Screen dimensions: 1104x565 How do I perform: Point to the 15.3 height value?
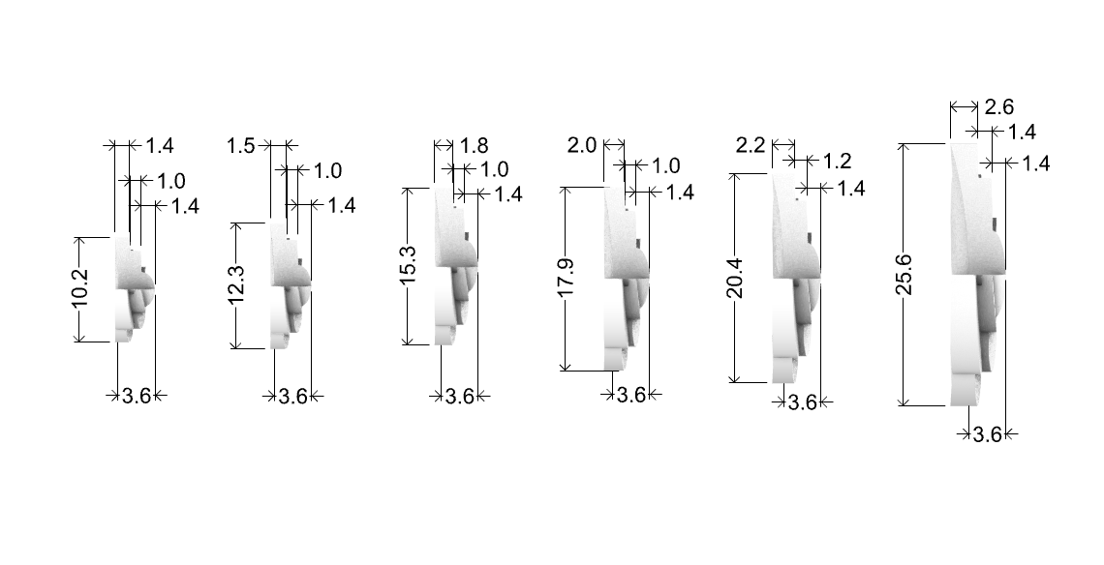pos(410,265)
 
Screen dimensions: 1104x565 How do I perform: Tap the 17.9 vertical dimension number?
pos(567,278)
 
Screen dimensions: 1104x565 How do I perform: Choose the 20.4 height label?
pos(735,278)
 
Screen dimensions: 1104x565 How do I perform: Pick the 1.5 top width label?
pos(241,146)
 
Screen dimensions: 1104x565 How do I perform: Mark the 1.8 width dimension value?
pos(474,146)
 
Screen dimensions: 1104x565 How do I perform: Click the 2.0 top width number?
pos(582,146)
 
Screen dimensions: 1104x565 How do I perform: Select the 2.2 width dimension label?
pos(751,146)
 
